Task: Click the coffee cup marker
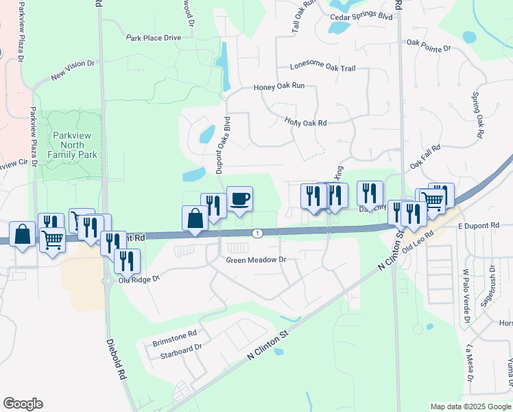(239, 199)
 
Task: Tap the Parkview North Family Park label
(72, 145)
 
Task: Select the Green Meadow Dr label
(256, 260)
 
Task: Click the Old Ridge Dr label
(139, 279)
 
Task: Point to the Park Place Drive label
(153, 38)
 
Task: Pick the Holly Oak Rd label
(305, 122)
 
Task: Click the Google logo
(23, 404)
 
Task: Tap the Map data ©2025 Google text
(470, 407)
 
